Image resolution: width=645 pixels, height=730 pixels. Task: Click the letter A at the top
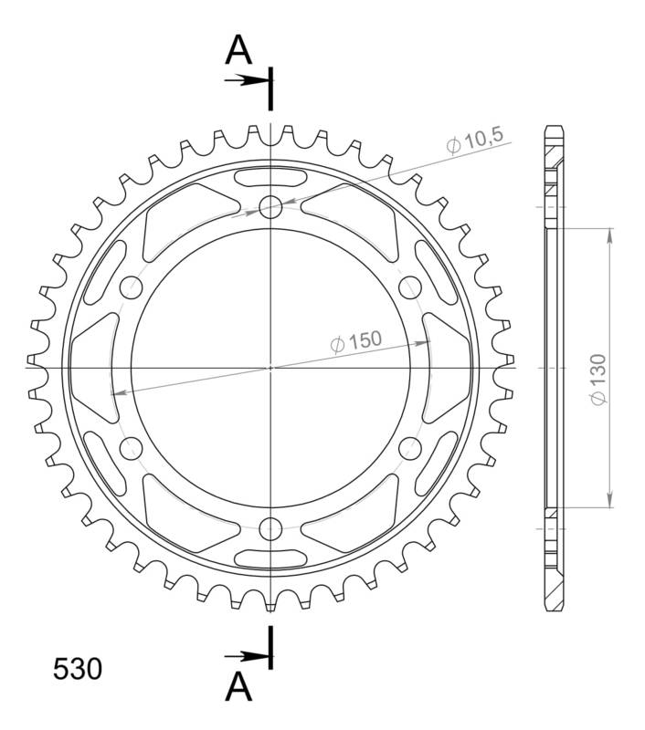click(238, 51)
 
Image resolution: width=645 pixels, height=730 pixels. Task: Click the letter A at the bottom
click(238, 687)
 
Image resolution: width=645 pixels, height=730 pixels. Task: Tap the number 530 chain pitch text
click(78, 670)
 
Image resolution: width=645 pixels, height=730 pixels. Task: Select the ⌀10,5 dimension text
click(474, 141)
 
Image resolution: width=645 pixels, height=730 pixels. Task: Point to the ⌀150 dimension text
click(355, 341)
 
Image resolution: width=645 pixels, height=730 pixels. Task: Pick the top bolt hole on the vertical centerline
click(270, 208)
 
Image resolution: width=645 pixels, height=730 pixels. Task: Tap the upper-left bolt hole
click(132, 287)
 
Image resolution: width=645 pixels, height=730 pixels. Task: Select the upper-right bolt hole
click(409, 287)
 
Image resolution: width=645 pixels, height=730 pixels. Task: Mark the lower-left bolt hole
click(132, 447)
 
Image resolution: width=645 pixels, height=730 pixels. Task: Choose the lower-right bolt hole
click(409, 447)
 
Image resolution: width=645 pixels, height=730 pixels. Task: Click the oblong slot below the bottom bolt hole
click(270, 558)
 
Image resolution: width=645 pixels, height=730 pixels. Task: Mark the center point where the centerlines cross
click(270, 368)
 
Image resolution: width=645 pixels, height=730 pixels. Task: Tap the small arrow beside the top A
click(245, 79)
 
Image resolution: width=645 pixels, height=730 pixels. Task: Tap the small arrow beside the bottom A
click(245, 655)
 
